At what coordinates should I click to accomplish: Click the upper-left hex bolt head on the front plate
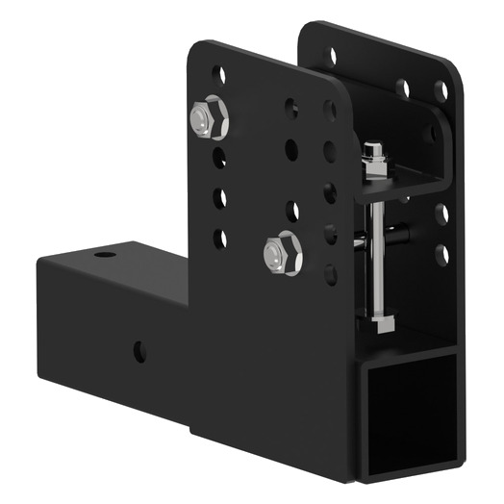[208, 119]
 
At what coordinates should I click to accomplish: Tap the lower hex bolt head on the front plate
[281, 253]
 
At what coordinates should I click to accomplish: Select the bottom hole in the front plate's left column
[220, 238]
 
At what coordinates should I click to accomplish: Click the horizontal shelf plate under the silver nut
[404, 182]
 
